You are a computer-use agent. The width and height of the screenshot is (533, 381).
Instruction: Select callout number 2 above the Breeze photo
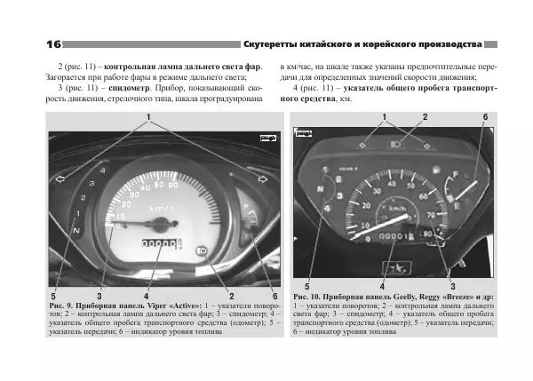(425, 117)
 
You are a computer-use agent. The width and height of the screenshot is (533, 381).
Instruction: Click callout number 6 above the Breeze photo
(484, 117)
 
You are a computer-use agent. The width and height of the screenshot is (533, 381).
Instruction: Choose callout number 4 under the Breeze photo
(382, 286)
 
